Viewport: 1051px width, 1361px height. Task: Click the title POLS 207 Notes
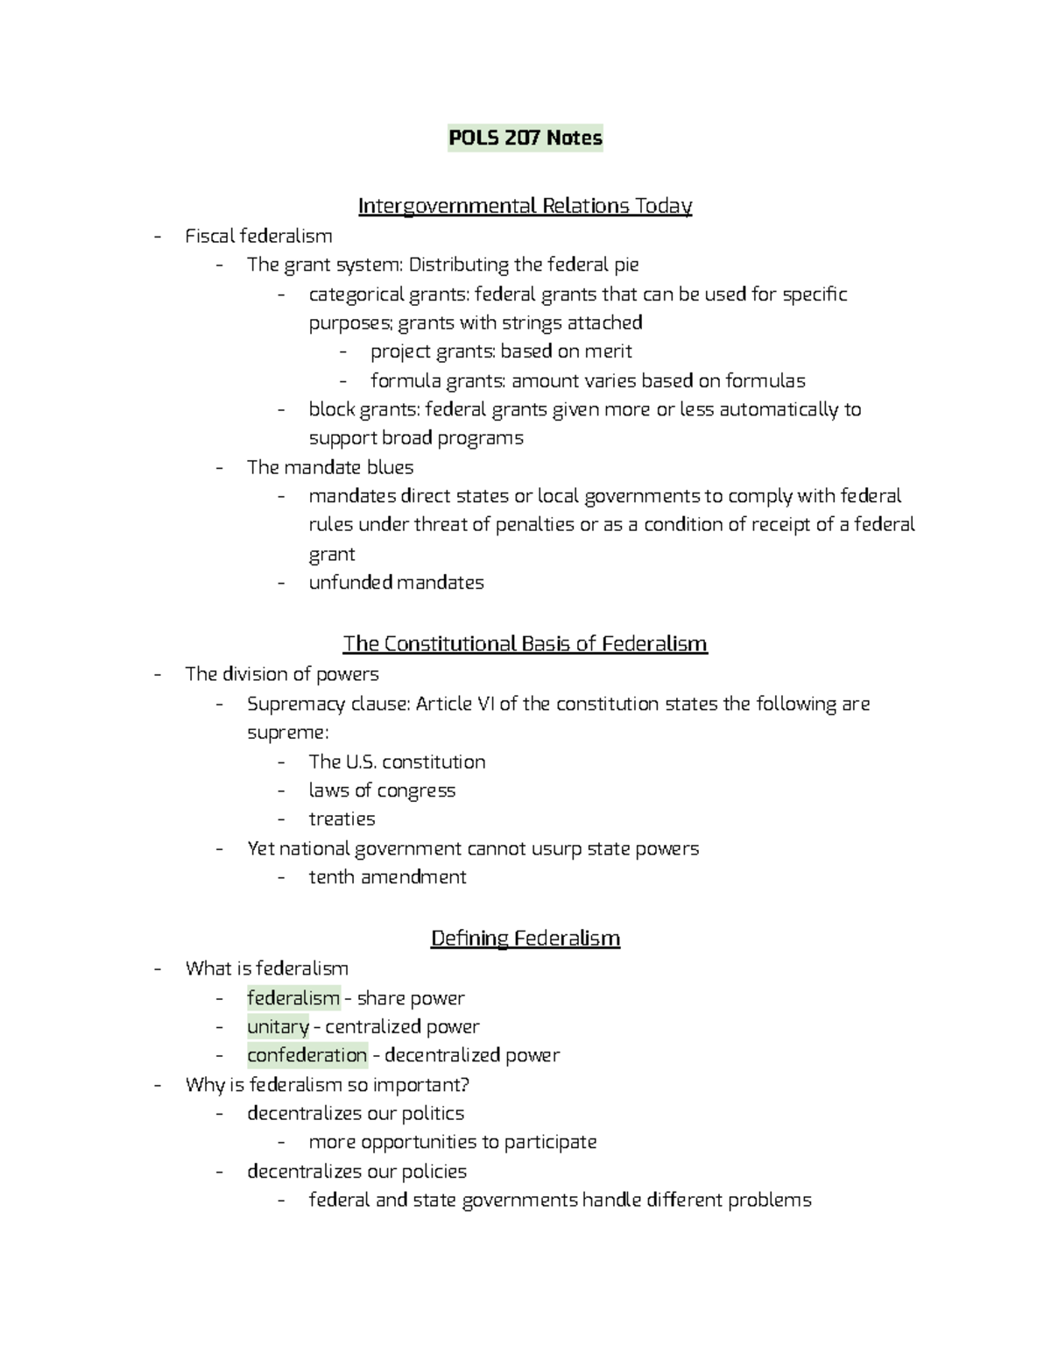pyautogui.click(x=525, y=138)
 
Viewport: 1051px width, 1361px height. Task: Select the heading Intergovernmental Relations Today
pyautogui.click(x=525, y=206)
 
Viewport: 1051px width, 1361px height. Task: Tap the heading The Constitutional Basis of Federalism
pyautogui.click(x=525, y=644)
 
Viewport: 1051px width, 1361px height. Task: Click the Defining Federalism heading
pyautogui.click(x=525, y=939)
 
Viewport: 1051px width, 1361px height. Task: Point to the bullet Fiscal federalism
pyautogui.click(x=258, y=236)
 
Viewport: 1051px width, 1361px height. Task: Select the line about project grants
pyautogui.click(x=500, y=351)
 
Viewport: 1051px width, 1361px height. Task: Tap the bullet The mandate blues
pyautogui.click(x=330, y=467)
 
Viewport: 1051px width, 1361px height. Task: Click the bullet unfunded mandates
pyautogui.click(x=396, y=583)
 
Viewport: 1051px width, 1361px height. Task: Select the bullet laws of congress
pyautogui.click(x=382, y=790)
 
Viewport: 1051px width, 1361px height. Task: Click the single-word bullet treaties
pyautogui.click(x=342, y=819)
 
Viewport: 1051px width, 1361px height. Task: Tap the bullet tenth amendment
pyautogui.click(x=387, y=877)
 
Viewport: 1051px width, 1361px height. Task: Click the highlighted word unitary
pyautogui.click(x=278, y=1026)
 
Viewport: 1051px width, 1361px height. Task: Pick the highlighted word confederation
pyautogui.click(x=307, y=1055)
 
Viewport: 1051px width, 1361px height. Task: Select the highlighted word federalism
pyautogui.click(x=293, y=998)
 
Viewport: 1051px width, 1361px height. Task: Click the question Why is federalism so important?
pyautogui.click(x=328, y=1085)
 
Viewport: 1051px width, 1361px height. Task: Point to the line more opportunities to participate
pyautogui.click(x=452, y=1142)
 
